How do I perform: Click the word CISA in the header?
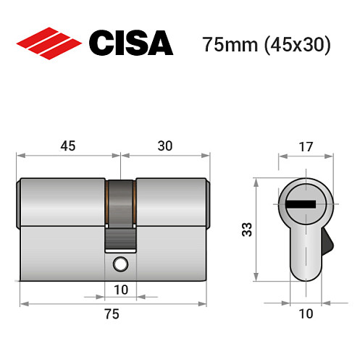click(131, 43)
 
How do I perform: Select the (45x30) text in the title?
click(297, 44)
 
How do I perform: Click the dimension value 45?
click(69, 145)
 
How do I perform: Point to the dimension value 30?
click(166, 145)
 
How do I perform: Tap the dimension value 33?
click(246, 230)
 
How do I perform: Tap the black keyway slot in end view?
click(301, 203)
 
